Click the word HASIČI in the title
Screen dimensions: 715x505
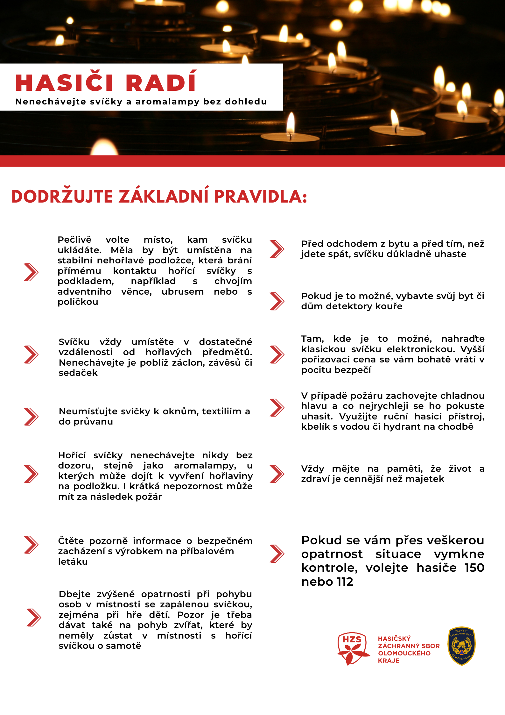point(64,83)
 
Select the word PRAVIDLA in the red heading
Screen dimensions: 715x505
point(260,196)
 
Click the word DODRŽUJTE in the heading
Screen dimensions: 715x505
point(62,196)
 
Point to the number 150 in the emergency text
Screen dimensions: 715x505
point(474,568)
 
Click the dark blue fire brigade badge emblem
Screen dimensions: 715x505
point(461,646)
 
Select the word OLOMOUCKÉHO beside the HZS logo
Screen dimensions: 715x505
point(404,653)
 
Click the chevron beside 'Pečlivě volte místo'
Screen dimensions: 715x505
point(31,272)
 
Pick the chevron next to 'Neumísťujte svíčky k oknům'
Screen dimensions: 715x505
point(31,417)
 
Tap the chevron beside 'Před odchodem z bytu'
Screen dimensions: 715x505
point(277,249)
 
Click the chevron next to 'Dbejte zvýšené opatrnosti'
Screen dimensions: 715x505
point(34,618)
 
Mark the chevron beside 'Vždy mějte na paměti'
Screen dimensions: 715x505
point(277,474)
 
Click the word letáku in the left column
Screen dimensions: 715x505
point(73,562)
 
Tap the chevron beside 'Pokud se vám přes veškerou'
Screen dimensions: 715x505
point(277,554)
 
